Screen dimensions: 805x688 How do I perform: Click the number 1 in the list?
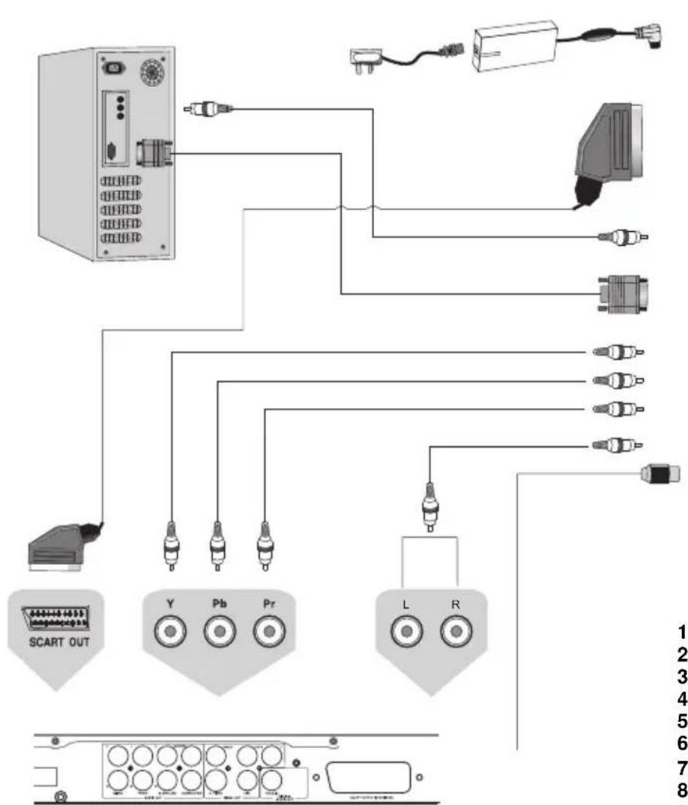click(682, 631)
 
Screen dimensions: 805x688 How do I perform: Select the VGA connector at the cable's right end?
click(622, 293)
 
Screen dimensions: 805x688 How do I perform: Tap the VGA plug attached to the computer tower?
click(154, 155)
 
